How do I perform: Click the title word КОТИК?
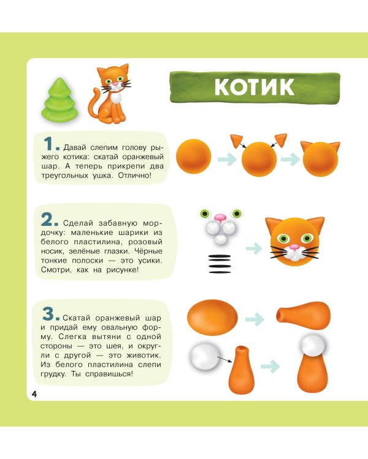pyautogui.click(x=254, y=86)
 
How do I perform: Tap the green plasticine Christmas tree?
pyautogui.click(x=60, y=100)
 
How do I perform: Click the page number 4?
pyautogui.click(x=34, y=394)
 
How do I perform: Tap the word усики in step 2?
pyautogui.click(x=150, y=261)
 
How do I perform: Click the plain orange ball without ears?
pyautogui.click(x=194, y=156)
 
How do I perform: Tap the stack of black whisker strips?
pyautogui.click(x=220, y=264)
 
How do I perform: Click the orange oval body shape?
pyautogui.click(x=212, y=318)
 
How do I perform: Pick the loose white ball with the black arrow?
pyautogui.click(x=204, y=357)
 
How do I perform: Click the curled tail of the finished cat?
pyautogui.click(x=93, y=104)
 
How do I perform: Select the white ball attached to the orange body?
pyautogui.click(x=313, y=345)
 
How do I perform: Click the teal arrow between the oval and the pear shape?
pyautogui.click(x=255, y=319)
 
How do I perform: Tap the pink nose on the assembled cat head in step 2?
pyautogui.click(x=294, y=247)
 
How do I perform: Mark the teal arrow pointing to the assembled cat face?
pyautogui.click(x=254, y=248)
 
